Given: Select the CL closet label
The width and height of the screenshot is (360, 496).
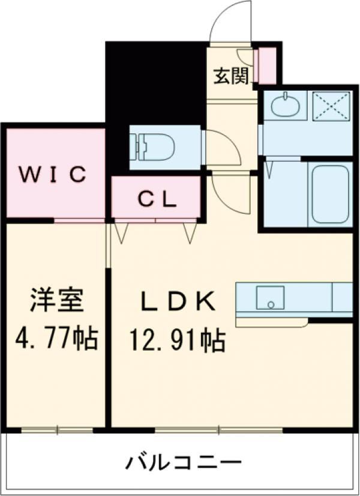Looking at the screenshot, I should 157,199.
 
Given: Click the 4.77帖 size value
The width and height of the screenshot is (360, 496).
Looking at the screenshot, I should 55,340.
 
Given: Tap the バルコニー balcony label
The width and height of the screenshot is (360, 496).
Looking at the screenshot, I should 184,463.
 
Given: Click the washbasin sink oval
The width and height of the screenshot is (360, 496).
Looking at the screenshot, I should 286,107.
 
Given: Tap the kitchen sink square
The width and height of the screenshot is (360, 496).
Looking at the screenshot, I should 269,297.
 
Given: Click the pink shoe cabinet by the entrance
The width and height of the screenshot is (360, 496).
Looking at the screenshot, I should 265,66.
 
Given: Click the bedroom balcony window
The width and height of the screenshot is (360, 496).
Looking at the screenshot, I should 58,430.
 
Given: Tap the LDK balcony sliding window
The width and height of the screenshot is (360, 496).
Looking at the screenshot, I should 218,430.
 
